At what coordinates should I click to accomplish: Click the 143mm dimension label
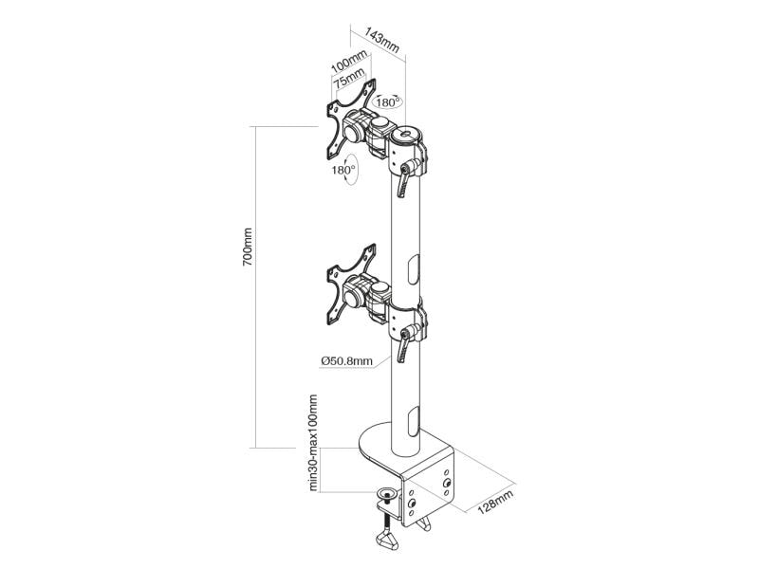[382, 40]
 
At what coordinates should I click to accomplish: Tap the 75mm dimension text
[349, 78]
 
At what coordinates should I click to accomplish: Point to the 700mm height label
[248, 247]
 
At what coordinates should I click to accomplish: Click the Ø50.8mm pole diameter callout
[346, 361]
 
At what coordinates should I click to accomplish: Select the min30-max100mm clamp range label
[314, 443]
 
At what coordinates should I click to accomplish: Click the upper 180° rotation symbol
[387, 102]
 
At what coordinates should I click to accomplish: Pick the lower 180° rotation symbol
[345, 170]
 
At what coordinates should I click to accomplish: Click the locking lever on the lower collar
[407, 343]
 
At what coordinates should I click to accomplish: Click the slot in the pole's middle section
[413, 269]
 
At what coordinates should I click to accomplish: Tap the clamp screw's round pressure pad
[387, 494]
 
